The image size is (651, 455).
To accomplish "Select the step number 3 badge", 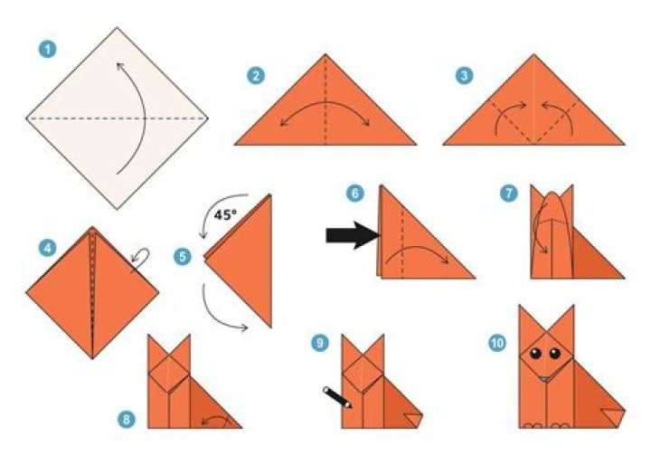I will (465, 77).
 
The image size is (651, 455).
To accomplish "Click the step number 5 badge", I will (184, 257).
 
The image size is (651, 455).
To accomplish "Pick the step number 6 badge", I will (355, 193).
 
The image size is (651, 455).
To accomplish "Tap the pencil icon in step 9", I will (337, 397).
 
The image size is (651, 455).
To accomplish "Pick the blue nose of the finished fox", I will (543, 378).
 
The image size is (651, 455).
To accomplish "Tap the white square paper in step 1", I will (117, 118).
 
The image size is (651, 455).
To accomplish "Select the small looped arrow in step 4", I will (140, 260).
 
